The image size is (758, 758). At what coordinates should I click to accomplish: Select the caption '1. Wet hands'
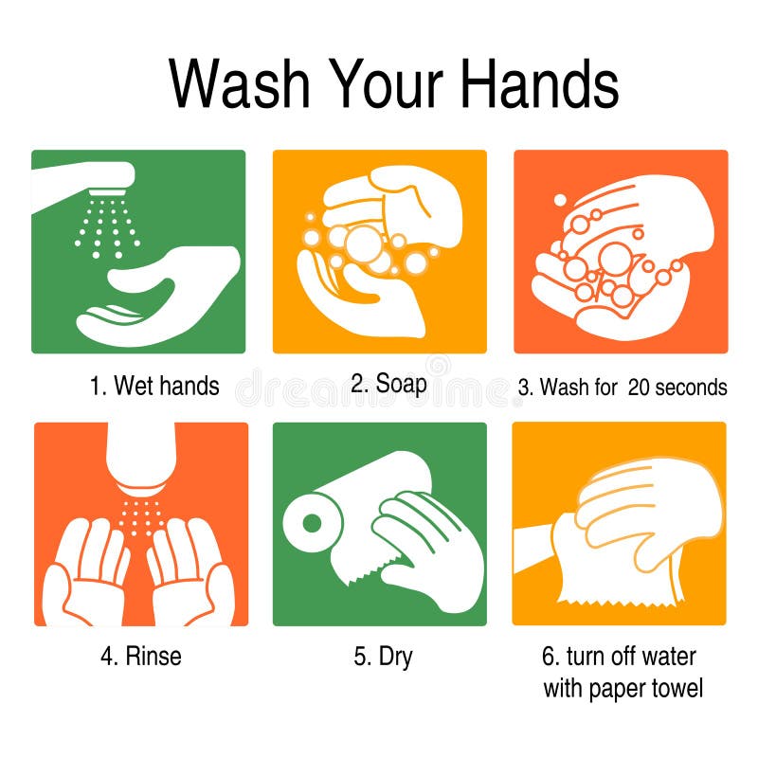[x=154, y=386]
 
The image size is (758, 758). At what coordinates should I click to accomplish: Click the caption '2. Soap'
[x=388, y=384]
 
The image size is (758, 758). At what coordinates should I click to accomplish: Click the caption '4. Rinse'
[x=141, y=656]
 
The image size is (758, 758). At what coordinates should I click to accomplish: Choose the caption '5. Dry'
[x=384, y=656]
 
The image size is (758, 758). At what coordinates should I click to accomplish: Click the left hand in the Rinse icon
[x=90, y=568]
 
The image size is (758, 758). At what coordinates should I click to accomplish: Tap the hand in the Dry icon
[x=426, y=540]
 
